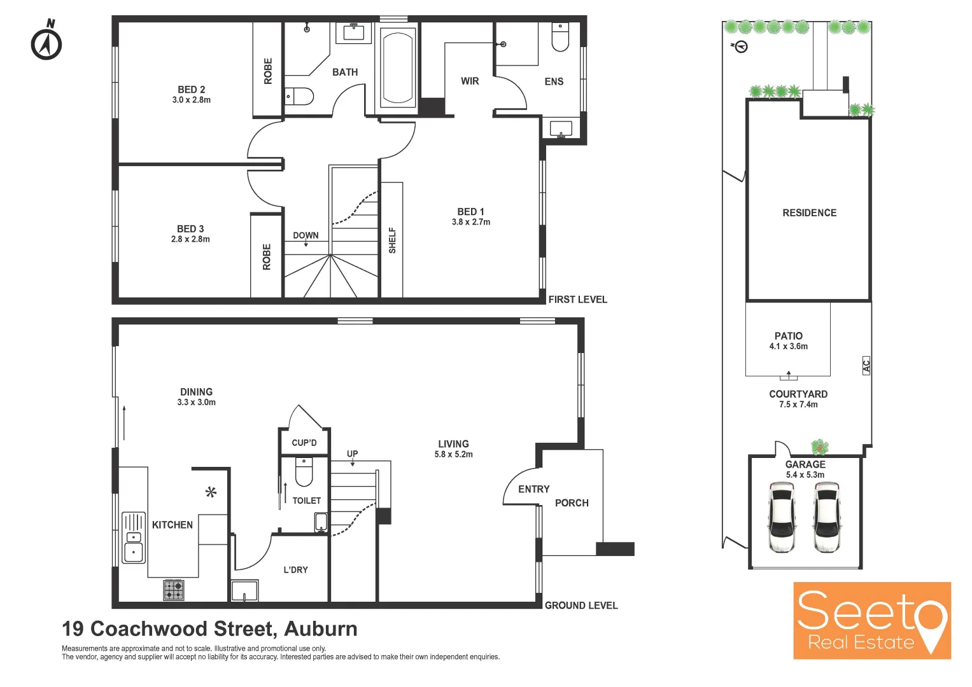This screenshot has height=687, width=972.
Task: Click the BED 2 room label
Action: click(x=192, y=90)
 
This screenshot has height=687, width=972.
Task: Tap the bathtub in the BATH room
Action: click(x=398, y=67)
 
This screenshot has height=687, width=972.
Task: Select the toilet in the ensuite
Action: click(x=560, y=38)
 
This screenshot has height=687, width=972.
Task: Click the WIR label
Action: click(x=470, y=81)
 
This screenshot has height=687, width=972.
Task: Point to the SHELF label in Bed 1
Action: click(x=392, y=240)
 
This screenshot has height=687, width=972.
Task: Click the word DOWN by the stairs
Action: click(x=306, y=235)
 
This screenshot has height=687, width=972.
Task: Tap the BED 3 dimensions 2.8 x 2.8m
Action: click(x=190, y=240)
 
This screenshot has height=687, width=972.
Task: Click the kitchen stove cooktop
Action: click(x=174, y=590)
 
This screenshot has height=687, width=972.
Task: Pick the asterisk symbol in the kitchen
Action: click(x=211, y=492)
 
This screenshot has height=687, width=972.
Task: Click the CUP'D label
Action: click(x=304, y=443)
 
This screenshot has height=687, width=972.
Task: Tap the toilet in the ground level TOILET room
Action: click(x=304, y=473)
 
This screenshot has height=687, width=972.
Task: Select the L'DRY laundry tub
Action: click(x=244, y=591)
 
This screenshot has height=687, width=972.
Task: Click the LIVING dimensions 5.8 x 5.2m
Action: click(x=453, y=455)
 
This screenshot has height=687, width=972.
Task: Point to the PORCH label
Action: click(x=572, y=503)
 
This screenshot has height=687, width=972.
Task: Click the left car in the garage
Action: click(x=782, y=517)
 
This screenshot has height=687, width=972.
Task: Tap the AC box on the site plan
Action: click(x=866, y=366)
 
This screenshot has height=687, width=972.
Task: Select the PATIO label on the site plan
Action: click(x=788, y=336)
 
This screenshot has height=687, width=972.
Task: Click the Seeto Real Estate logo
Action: click(x=871, y=620)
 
